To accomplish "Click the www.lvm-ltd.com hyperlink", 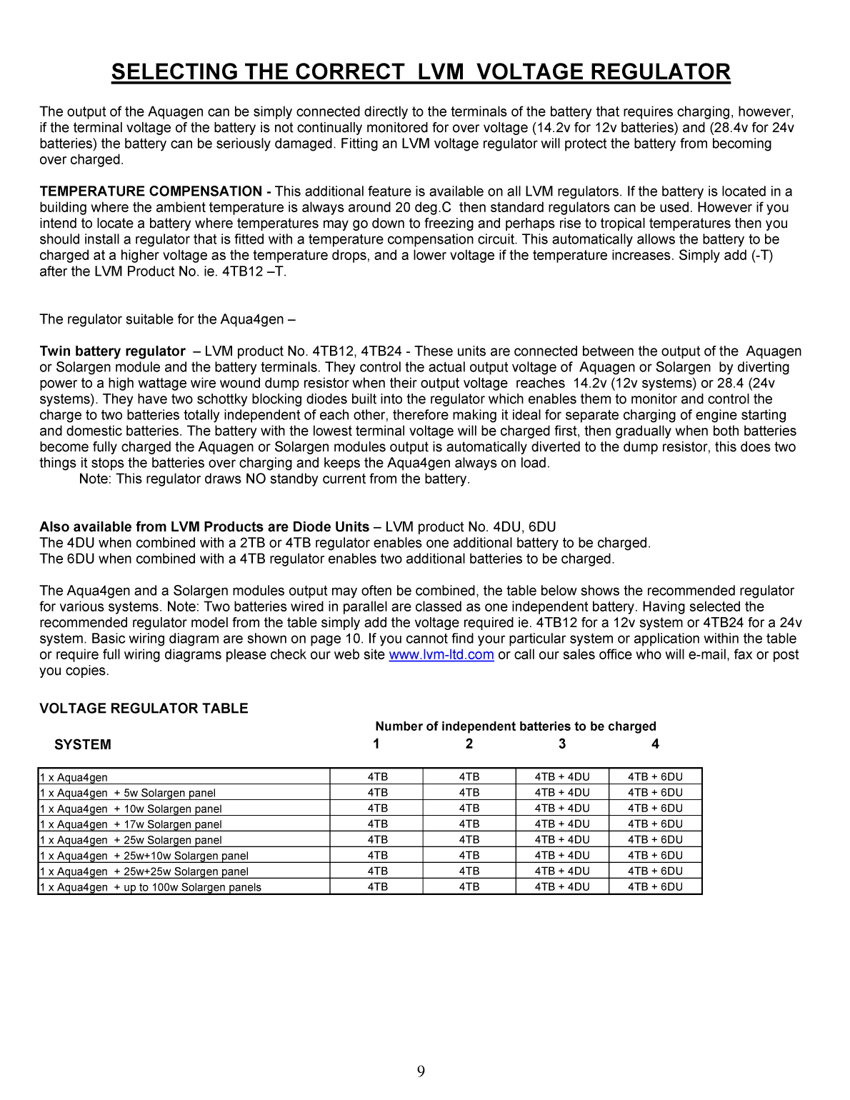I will click(441, 655).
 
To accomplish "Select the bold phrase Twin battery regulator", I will click(112, 351).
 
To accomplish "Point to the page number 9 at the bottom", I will click(421, 1071).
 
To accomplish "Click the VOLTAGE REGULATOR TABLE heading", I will click(144, 709).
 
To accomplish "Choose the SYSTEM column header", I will click(83, 744).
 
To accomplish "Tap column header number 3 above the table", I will click(562, 744).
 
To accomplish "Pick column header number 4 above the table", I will click(655, 744).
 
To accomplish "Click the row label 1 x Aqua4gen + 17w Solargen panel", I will click(131, 824).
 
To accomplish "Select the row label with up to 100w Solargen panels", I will click(151, 887).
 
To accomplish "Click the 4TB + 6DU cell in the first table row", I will click(655, 777).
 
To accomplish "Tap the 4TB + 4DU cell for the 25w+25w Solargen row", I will click(562, 871).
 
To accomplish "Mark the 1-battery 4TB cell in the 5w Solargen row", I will click(377, 793).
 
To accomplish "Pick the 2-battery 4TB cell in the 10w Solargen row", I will click(469, 809).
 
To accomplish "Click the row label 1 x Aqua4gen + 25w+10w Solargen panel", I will click(144, 856).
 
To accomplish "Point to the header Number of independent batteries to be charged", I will click(515, 726).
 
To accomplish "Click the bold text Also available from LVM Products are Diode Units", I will click(204, 527).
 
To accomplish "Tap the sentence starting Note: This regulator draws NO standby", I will click(274, 479).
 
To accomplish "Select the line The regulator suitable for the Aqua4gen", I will click(167, 319).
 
